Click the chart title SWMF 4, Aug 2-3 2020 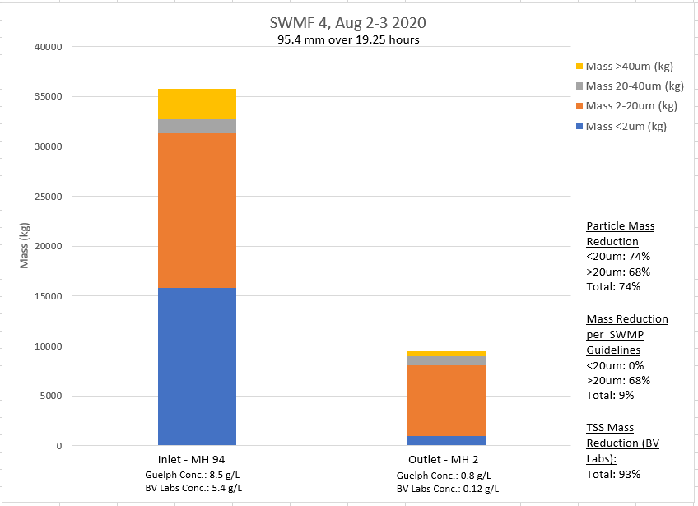point(349,23)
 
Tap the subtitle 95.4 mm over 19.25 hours point(349,39)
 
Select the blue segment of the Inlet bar point(197,366)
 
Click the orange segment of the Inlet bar point(197,210)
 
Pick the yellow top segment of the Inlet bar point(197,104)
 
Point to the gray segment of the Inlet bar point(197,126)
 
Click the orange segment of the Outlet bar point(446,400)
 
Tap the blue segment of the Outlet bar point(446,440)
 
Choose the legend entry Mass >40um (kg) point(630,66)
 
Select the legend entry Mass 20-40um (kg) point(630,86)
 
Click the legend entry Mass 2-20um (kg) point(630,105)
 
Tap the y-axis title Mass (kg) point(25,246)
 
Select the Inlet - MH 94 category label point(197,459)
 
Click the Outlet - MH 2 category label point(446,459)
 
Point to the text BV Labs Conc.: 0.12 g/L point(446,489)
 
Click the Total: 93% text point(613,474)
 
